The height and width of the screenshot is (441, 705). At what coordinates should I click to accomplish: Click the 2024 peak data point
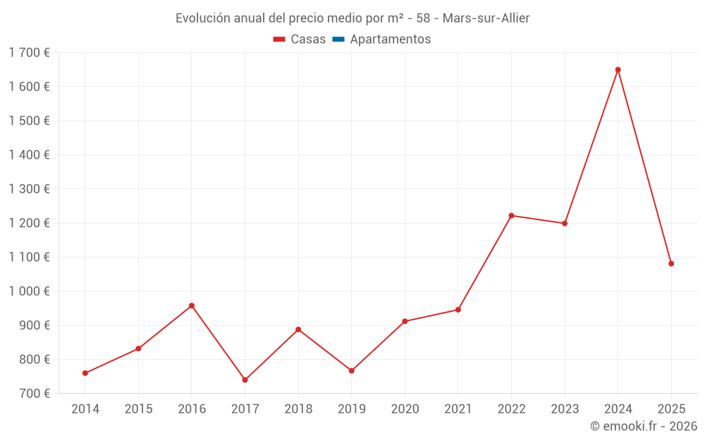618,70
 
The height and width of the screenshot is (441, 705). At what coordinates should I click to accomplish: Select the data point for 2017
245,380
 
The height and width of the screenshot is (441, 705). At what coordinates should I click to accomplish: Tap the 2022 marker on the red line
511,216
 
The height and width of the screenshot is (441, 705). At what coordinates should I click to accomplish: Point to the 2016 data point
192,306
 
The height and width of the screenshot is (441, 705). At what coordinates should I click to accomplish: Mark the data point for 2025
671,264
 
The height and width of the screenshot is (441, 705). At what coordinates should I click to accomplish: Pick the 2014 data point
85,373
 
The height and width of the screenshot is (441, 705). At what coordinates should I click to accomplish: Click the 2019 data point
351,370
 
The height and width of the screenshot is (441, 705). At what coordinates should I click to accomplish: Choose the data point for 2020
405,321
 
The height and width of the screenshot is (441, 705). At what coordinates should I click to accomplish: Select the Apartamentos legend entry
390,40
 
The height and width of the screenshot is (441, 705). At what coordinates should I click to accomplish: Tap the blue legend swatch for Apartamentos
338,40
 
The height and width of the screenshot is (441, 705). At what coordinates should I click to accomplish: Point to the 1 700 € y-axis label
29,53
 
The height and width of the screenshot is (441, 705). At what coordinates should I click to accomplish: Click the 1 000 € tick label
29,291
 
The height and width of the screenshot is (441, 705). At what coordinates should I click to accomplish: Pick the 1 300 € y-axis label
29,189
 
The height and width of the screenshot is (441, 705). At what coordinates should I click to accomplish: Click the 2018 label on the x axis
298,409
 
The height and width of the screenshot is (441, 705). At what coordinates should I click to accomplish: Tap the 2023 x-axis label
565,409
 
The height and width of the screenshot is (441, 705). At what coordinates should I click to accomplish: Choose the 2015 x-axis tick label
138,409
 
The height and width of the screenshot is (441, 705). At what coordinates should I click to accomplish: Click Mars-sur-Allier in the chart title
486,18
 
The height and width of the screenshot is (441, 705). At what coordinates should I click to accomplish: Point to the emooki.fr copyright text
643,426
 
